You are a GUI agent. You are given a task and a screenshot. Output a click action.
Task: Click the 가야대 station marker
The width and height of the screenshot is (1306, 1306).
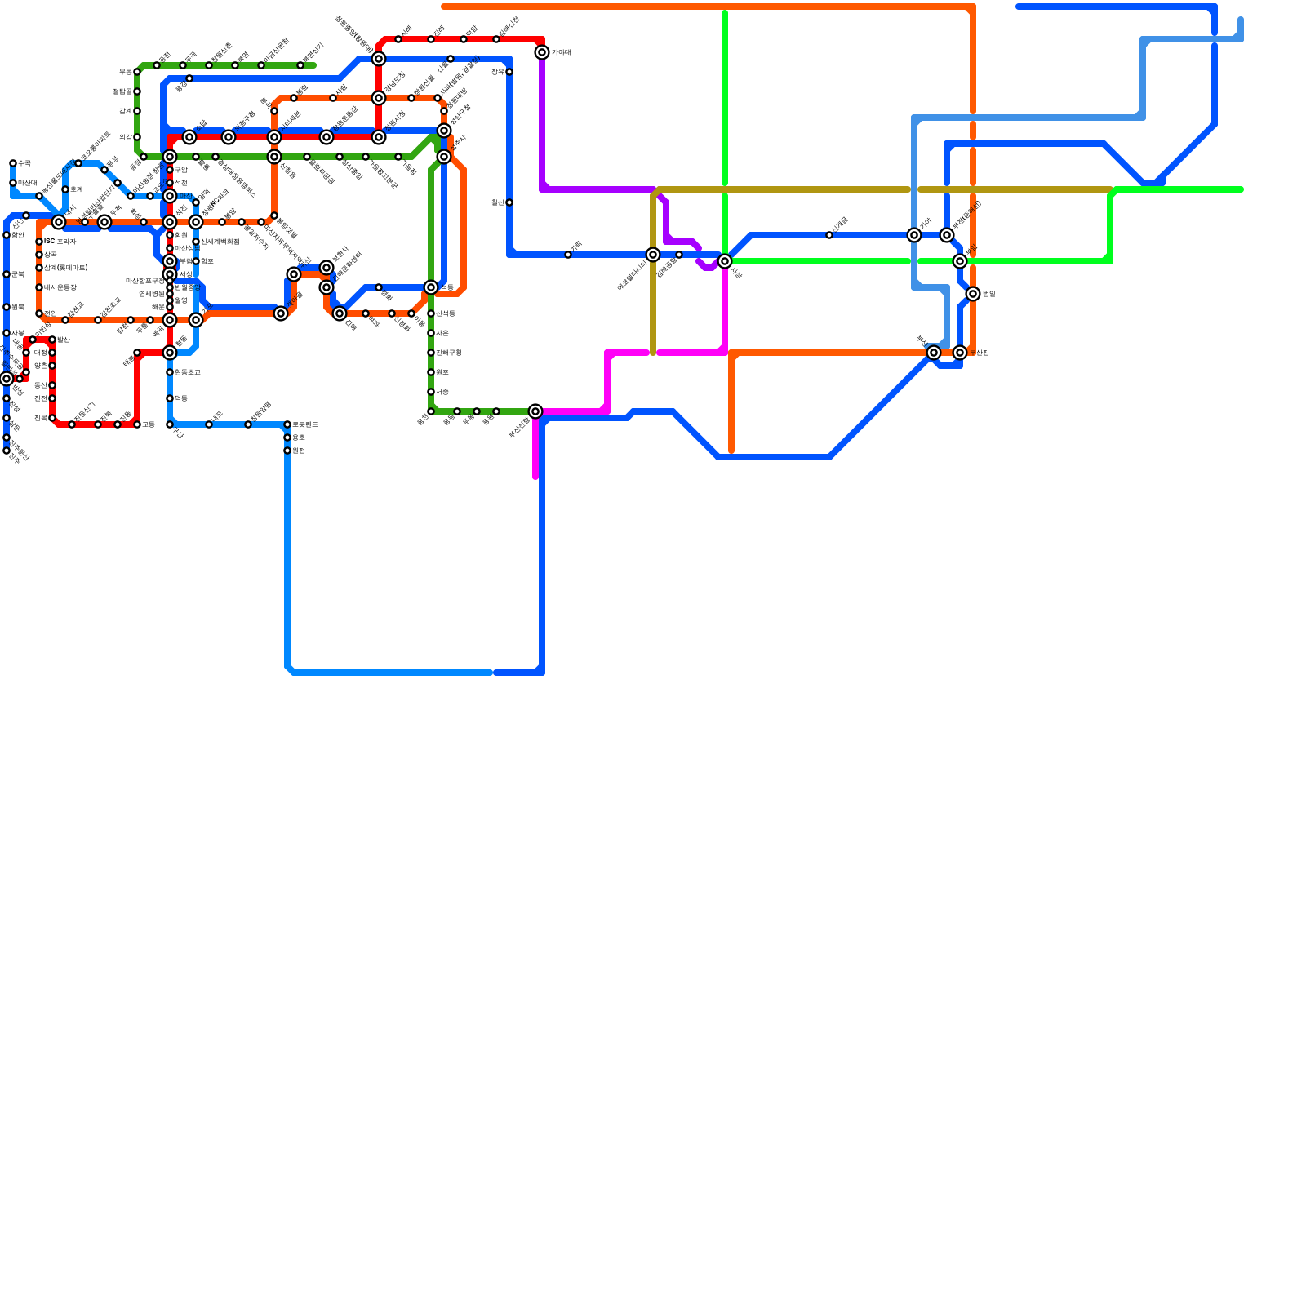(542, 52)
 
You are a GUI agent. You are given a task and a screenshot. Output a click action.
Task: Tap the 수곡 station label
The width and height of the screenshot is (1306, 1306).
(24, 163)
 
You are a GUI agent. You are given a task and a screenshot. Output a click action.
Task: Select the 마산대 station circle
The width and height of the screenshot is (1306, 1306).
(13, 183)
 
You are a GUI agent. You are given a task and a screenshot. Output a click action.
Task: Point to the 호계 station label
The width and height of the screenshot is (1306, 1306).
(76, 189)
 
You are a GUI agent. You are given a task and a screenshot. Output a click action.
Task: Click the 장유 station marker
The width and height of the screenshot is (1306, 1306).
(509, 72)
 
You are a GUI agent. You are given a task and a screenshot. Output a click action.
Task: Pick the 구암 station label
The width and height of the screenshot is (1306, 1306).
(181, 170)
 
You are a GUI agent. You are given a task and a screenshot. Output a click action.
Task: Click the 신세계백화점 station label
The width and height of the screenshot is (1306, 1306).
(220, 242)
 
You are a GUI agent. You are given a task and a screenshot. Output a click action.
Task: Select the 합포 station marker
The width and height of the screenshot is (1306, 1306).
(196, 261)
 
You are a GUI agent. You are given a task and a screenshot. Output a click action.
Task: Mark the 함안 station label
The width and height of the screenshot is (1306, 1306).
(18, 235)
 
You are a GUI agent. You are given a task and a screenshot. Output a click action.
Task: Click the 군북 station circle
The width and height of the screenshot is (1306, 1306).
(7, 274)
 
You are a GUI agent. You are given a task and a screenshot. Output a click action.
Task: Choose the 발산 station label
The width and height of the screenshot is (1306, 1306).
(64, 340)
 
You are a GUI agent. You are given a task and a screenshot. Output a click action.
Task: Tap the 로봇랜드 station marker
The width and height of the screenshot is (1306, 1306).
(287, 424)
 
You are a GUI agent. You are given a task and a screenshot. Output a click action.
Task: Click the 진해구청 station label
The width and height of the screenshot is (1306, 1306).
(449, 353)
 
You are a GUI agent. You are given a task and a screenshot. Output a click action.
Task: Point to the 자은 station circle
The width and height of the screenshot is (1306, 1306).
(431, 333)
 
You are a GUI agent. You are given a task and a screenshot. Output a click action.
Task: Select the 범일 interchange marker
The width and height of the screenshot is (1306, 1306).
(973, 294)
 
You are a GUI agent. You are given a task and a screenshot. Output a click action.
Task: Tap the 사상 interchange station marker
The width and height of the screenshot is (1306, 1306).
(725, 261)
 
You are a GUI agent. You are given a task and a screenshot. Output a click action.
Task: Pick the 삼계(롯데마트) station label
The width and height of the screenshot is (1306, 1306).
(65, 268)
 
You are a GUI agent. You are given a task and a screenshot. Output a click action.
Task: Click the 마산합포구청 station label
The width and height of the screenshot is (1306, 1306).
(144, 281)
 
